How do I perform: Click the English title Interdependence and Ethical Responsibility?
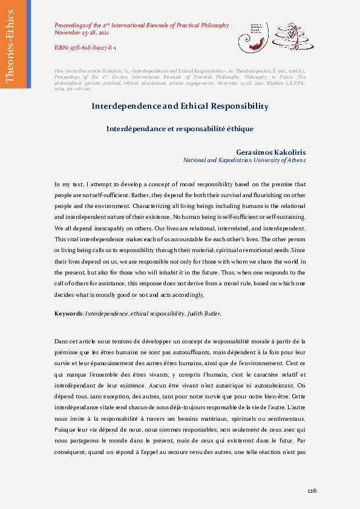pos(180,106)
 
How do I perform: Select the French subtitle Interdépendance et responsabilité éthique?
pos(180,129)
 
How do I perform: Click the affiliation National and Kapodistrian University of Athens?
pos(244,160)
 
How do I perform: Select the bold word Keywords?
pos(68,314)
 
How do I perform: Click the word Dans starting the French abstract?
pos(61,342)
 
